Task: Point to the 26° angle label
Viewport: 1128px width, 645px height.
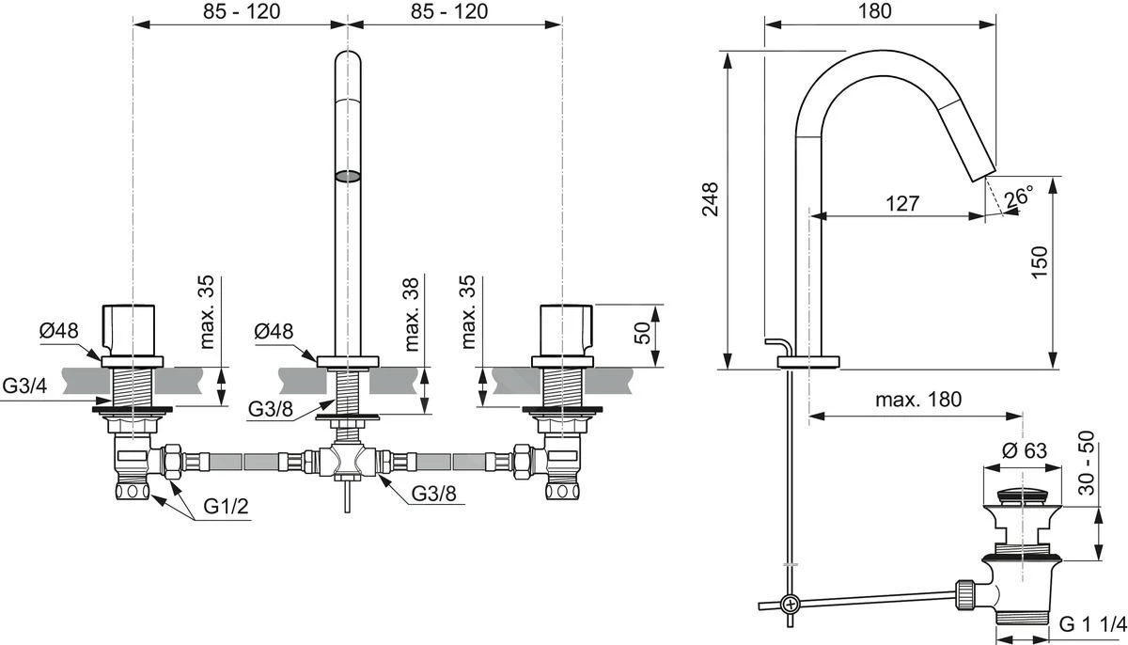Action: click(1017, 197)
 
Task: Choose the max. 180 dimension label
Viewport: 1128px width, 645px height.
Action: click(918, 399)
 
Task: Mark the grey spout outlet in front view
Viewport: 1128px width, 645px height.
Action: click(348, 175)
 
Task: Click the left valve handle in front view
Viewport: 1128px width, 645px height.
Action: click(133, 329)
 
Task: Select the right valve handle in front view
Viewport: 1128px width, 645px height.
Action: click(563, 329)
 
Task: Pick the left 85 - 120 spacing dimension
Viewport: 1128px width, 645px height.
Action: click(241, 11)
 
